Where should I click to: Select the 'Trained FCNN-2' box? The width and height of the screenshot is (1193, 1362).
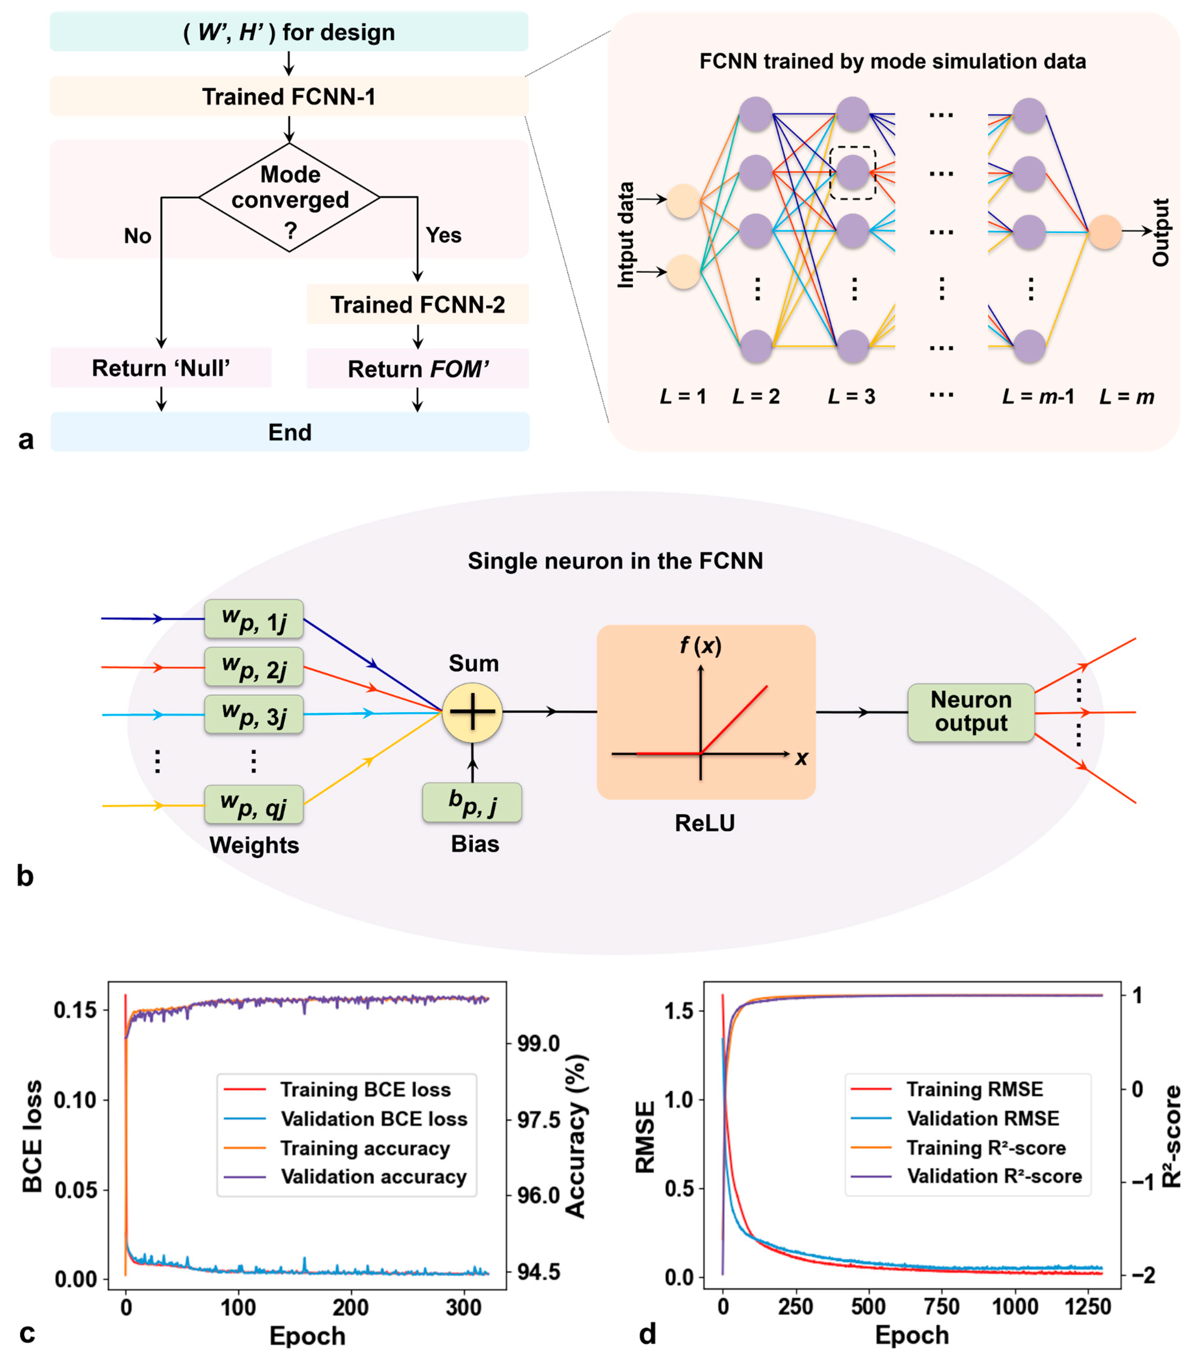click(417, 304)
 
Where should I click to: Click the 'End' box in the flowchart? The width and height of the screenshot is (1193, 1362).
click(289, 432)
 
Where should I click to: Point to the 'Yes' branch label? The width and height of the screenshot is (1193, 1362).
click(443, 235)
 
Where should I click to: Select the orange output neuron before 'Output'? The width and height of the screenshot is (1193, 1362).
click(1104, 232)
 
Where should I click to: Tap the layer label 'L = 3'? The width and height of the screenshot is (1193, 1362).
click(852, 397)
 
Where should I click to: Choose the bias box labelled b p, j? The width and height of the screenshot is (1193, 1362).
click(472, 803)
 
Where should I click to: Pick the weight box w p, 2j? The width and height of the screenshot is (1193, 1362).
click(254, 667)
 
